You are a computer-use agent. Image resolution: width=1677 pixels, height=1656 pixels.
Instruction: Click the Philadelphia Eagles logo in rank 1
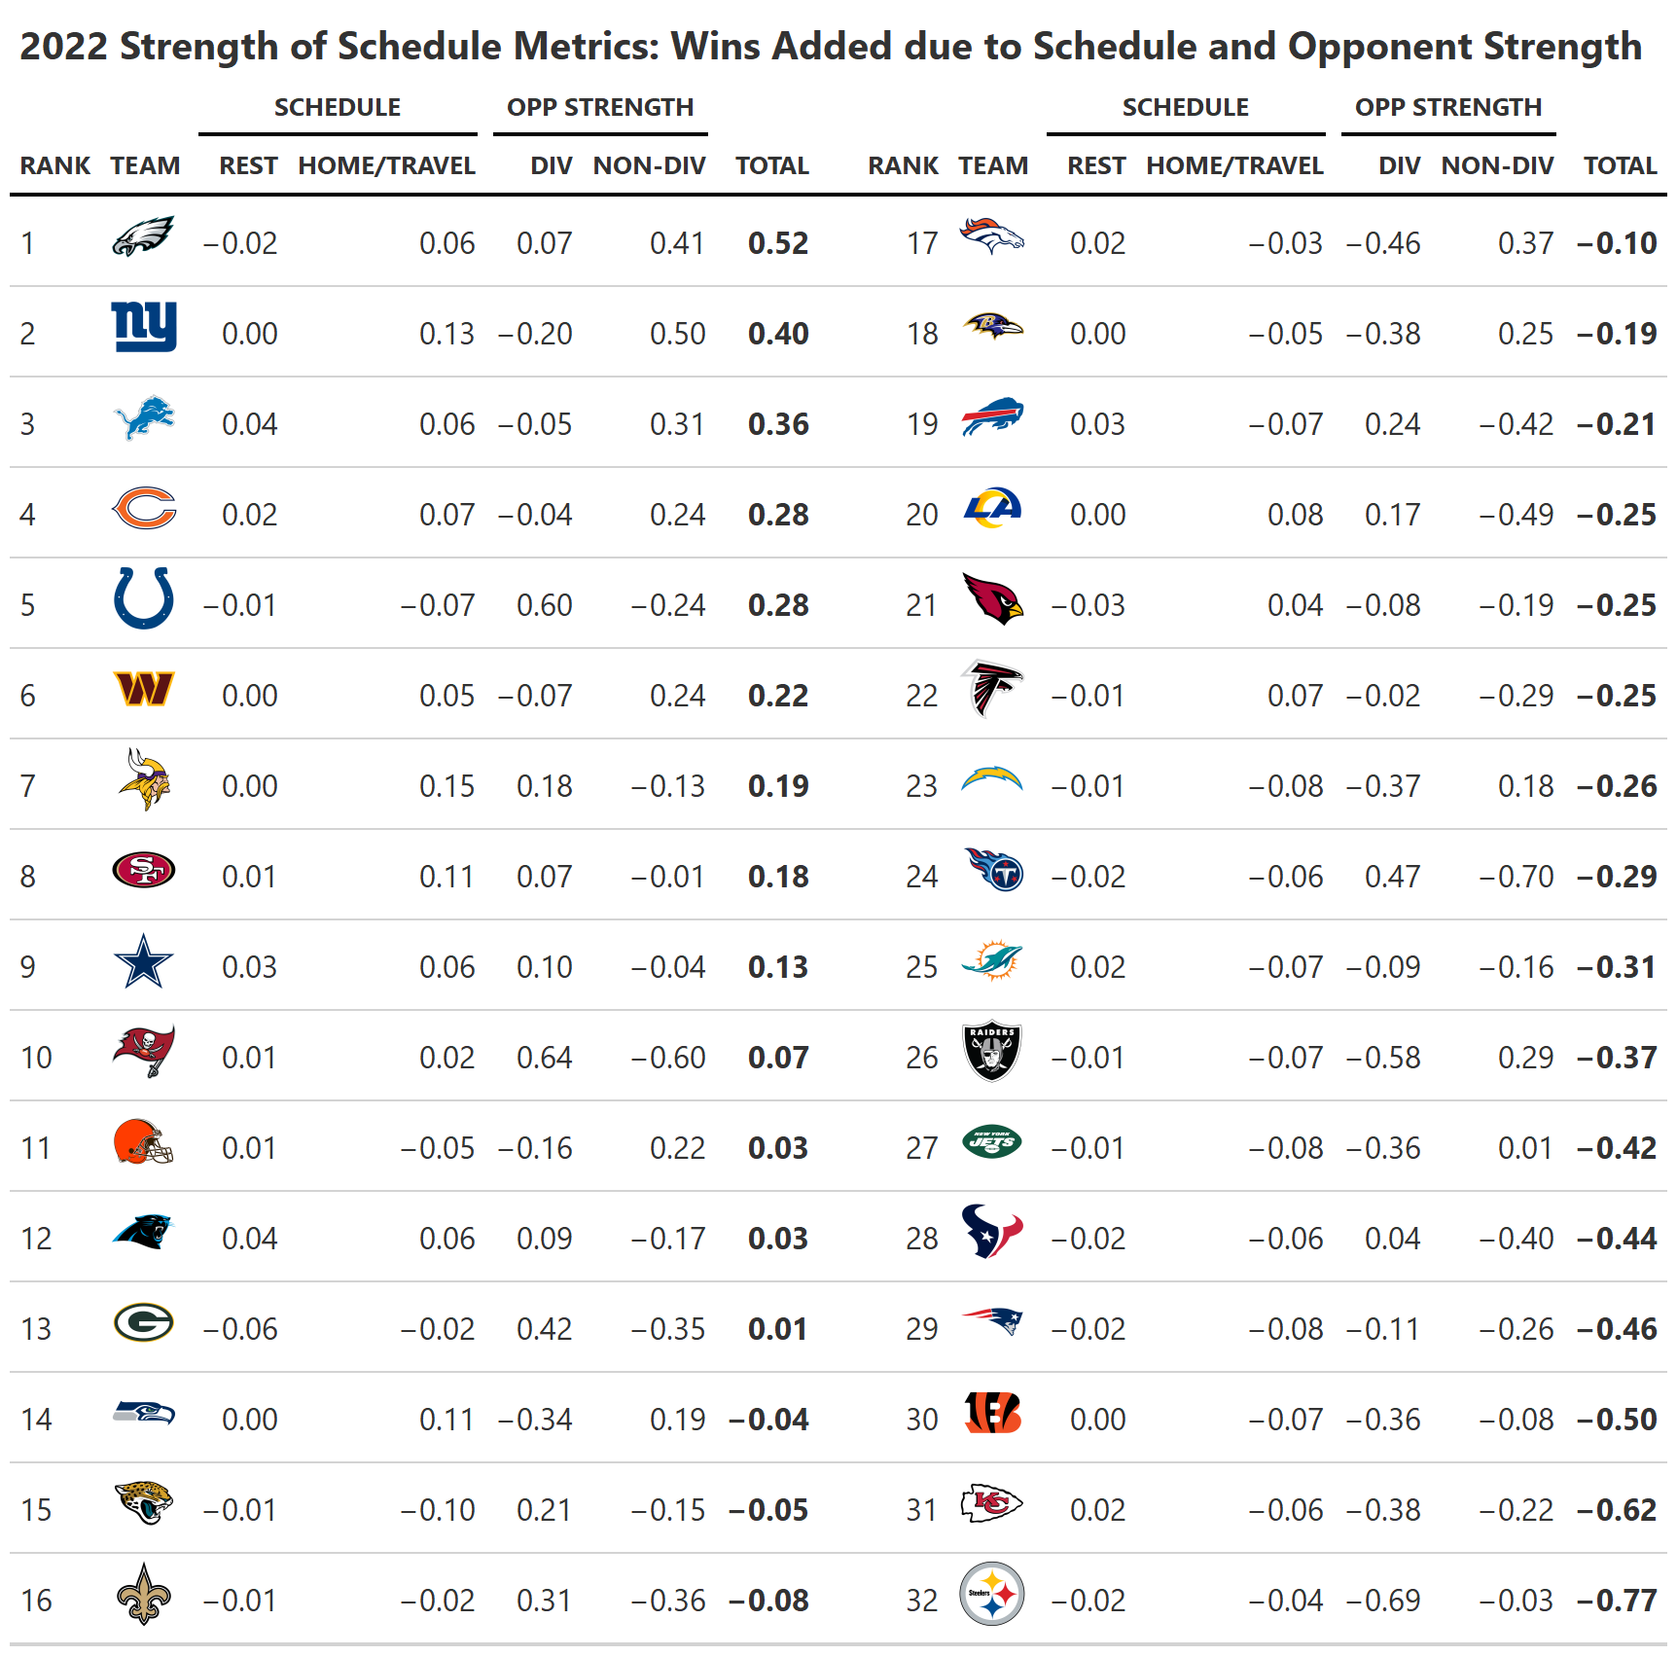pyautogui.click(x=143, y=236)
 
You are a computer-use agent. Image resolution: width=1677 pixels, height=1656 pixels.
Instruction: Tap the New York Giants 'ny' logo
pyautogui.click(x=144, y=326)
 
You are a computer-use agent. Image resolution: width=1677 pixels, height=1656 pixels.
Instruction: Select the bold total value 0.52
pyautogui.click(x=777, y=243)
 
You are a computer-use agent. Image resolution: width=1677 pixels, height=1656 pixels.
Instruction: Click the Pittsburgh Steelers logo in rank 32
pyautogui.click(x=991, y=1594)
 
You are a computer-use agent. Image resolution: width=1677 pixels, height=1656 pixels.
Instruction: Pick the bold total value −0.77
pyautogui.click(x=1617, y=1601)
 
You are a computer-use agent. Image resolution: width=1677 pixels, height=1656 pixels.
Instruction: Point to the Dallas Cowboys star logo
pyautogui.click(x=143, y=961)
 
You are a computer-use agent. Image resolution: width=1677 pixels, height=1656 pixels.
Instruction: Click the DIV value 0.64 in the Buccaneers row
pyautogui.click(x=544, y=1058)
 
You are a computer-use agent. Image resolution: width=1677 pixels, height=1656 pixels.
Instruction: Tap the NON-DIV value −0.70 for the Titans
pyautogui.click(x=1516, y=877)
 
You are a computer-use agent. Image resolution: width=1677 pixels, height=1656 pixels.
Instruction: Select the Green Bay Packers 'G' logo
pyautogui.click(x=143, y=1322)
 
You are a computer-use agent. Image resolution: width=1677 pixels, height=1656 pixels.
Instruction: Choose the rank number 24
pyautogui.click(x=921, y=877)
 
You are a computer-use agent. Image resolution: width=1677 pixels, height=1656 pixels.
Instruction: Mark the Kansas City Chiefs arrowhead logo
pyautogui.click(x=991, y=1503)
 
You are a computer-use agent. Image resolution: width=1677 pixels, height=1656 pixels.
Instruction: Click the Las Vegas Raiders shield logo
pyautogui.click(x=991, y=1051)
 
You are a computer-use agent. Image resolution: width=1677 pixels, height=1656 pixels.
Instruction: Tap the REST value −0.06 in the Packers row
pyautogui.click(x=240, y=1329)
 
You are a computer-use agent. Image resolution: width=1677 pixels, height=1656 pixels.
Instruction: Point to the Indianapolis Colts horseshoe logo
pyautogui.click(x=143, y=597)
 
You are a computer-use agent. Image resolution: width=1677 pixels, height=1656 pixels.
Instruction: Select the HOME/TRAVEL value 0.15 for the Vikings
pyautogui.click(x=446, y=786)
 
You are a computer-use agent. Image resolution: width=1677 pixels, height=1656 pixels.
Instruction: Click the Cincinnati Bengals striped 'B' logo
pyautogui.click(x=992, y=1413)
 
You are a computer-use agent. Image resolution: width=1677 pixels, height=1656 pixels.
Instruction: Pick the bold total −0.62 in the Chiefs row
pyautogui.click(x=1617, y=1510)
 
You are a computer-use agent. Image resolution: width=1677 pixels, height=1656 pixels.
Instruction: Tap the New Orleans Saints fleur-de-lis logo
pyautogui.click(x=143, y=1594)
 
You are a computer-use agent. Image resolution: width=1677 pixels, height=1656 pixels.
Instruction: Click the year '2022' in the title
pyautogui.click(x=63, y=47)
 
